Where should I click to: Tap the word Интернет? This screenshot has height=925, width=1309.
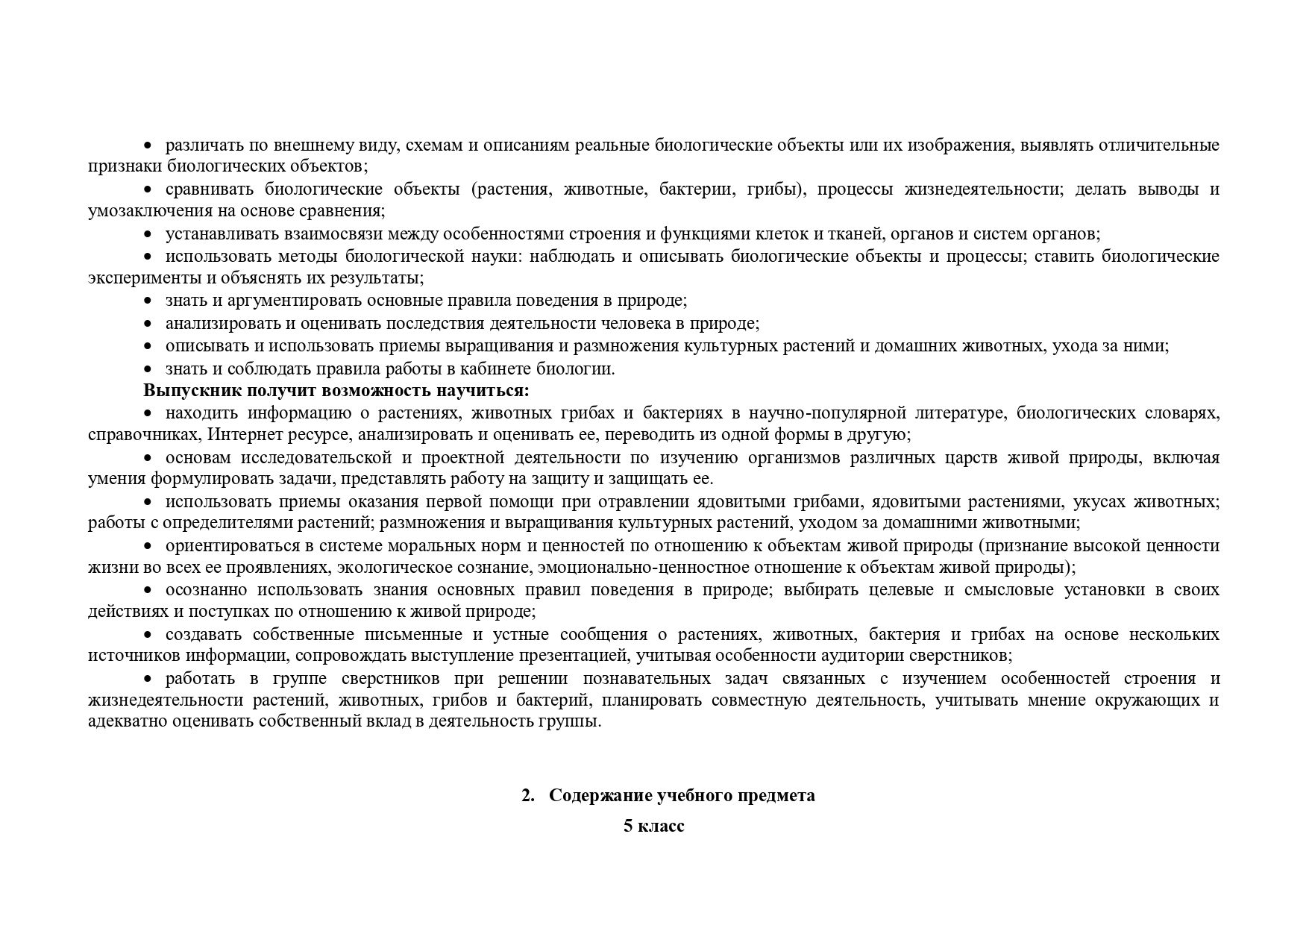(x=240, y=435)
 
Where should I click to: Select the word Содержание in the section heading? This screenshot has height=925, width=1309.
(x=600, y=795)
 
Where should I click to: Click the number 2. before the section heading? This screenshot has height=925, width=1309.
(x=529, y=795)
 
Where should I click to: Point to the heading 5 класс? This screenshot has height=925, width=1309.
(x=654, y=827)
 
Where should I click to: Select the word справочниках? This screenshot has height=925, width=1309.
(x=144, y=435)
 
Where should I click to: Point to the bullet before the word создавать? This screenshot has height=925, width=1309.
(x=148, y=635)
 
